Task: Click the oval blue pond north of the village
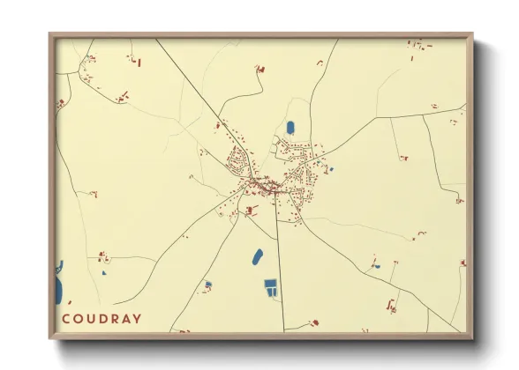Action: tap(290, 129)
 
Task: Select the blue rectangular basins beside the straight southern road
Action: tap(271, 285)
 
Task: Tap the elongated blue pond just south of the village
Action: tap(257, 256)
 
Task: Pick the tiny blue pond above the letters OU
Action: tap(103, 273)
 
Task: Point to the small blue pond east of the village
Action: tap(331, 169)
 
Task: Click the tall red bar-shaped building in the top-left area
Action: tap(139, 61)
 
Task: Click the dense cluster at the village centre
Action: tap(265, 186)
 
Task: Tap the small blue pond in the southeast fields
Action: tap(375, 265)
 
